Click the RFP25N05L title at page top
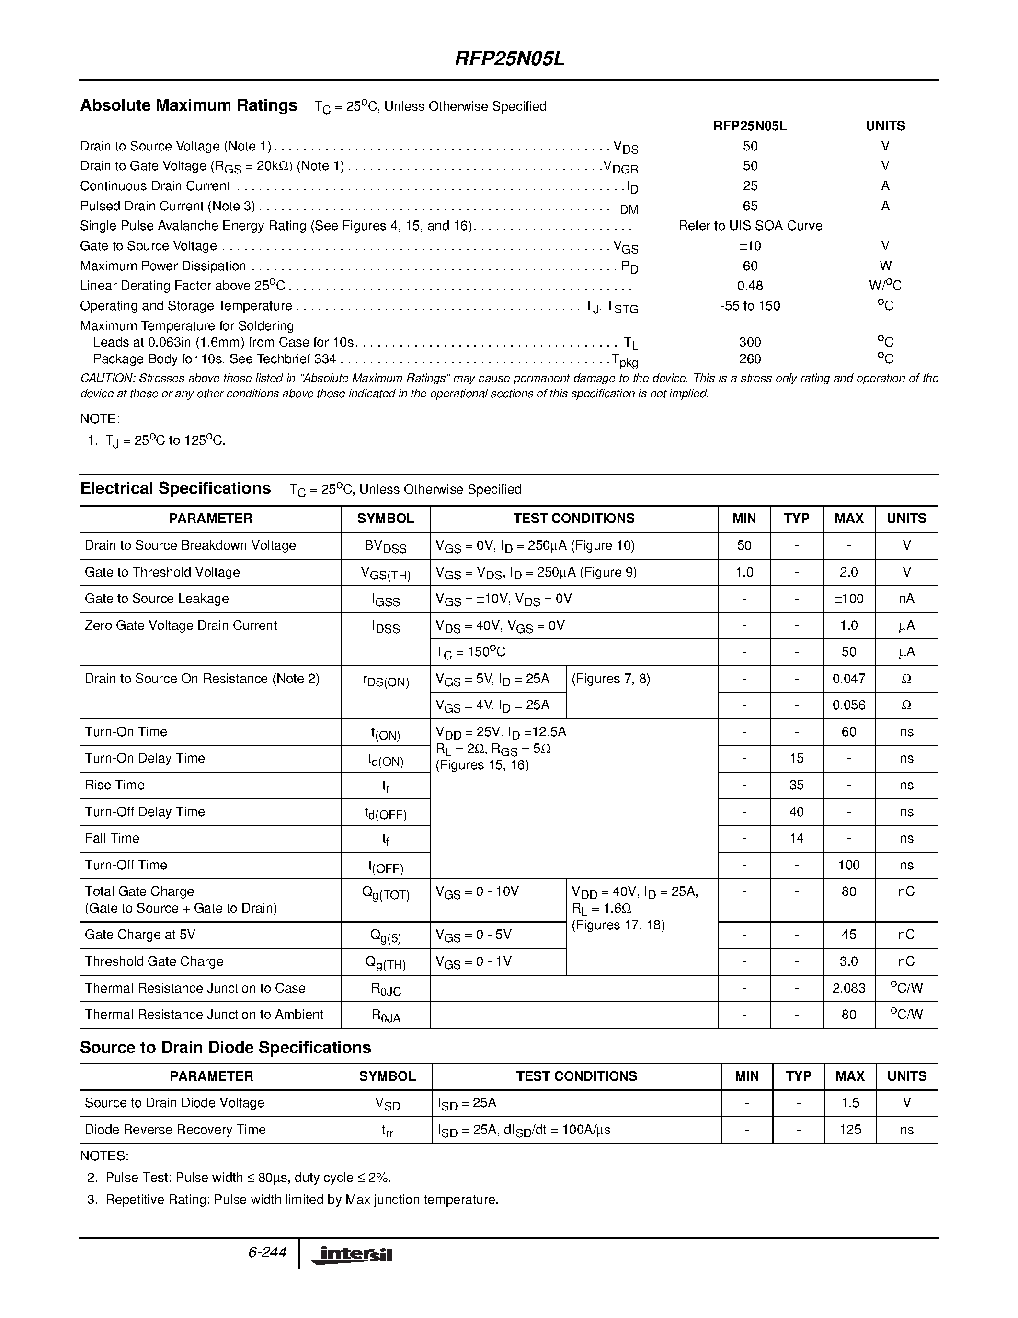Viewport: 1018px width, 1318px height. tap(509, 58)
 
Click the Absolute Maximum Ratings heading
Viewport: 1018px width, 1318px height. tap(188, 105)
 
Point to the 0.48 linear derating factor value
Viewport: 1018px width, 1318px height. tap(750, 286)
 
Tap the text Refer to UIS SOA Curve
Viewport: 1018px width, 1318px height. tap(750, 226)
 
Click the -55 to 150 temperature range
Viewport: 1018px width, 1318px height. tap(750, 306)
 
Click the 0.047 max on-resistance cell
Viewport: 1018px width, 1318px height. tap(848, 679)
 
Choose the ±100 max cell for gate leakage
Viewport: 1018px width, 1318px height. tap(848, 599)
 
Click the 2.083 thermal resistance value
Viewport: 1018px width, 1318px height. tap(848, 988)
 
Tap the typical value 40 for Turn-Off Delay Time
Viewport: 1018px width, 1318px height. tap(796, 812)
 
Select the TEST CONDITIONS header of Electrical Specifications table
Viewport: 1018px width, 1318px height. tap(573, 519)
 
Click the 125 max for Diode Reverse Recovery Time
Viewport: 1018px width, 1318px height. tap(850, 1130)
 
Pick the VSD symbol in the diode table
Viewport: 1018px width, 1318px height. tap(387, 1104)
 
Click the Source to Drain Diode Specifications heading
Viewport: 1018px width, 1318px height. tap(225, 1048)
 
